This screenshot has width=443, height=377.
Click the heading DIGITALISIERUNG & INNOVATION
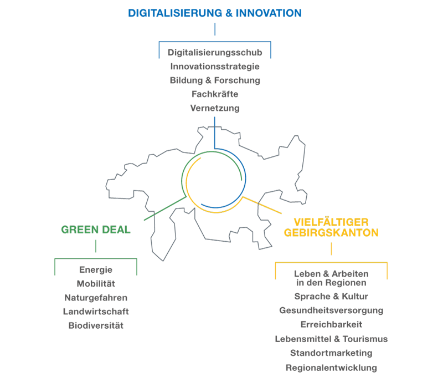coord(215,13)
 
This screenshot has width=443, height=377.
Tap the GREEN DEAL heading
coord(96,230)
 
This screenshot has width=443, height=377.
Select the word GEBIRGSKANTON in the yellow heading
coord(331,233)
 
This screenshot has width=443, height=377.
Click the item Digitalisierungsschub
coord(215,53)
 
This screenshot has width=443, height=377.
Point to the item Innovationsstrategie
coord(215,67)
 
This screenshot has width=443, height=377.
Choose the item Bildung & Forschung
coord(215,80)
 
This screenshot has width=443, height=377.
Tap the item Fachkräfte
coord(215,94)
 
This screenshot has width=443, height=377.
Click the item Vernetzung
coord(215,108)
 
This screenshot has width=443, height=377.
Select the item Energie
coord(96,270)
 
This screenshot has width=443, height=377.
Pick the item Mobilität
coord(96,284)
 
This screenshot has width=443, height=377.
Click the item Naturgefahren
coord(96,298)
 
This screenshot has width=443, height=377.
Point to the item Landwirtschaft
coord(96,312)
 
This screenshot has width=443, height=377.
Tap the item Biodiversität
coord(96,325)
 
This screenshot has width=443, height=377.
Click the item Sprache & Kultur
coord(331,297)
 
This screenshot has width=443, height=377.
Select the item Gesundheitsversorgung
coord(331,310)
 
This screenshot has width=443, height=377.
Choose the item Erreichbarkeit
coord(331,324)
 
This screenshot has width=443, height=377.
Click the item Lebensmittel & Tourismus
coord(331,339)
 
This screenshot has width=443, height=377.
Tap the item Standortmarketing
coord(331,353)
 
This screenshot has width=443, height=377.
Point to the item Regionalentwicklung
coord(331,368)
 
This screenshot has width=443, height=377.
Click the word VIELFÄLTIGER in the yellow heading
coord(331,221)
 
